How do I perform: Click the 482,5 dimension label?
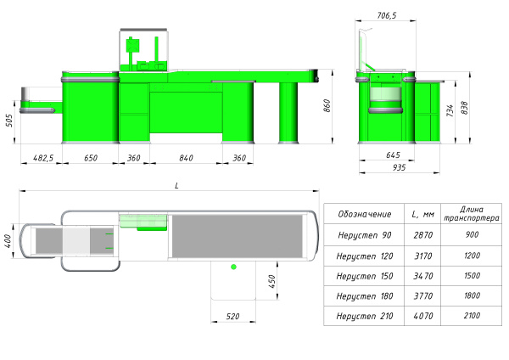pos(43,158)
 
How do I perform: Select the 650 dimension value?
pos(91,158)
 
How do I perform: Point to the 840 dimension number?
pos(186,158)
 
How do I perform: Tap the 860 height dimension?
pos(327,106)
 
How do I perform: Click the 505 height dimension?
pos(9,121)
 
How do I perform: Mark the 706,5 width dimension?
pos(387,15)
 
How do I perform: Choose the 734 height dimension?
pos(450,110)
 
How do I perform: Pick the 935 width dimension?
pos(399,167)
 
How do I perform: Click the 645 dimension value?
pos(393,155)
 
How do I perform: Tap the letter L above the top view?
pos(176,186)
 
